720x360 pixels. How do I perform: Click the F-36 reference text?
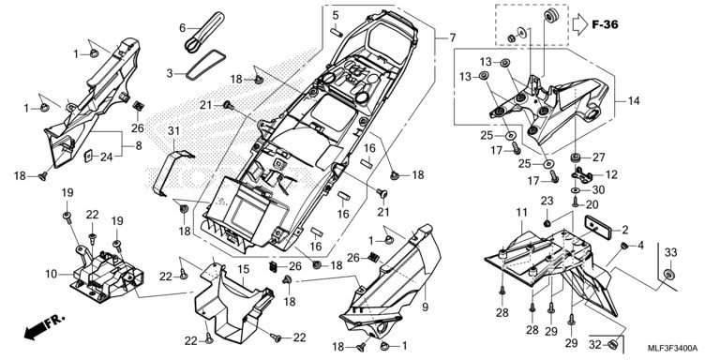[605, 24]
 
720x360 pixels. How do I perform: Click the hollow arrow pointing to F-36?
[580, 24]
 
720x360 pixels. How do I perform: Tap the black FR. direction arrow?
[45, 327]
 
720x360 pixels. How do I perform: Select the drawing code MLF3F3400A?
[673, 348]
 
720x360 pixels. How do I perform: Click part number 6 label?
[182, 28]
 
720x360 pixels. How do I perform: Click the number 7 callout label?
[452, 37]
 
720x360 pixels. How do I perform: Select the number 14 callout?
[634, 100]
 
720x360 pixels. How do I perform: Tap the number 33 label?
[671, 252]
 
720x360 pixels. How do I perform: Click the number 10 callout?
[51, 274]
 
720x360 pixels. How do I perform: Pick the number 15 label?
[244, 267]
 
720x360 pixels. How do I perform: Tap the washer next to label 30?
[576, 189]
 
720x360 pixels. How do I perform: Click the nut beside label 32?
[611, 344]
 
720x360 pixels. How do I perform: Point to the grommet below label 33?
[668, 275]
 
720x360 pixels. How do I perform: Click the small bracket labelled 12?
[581, 174]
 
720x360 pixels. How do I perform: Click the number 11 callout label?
[521, 213]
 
